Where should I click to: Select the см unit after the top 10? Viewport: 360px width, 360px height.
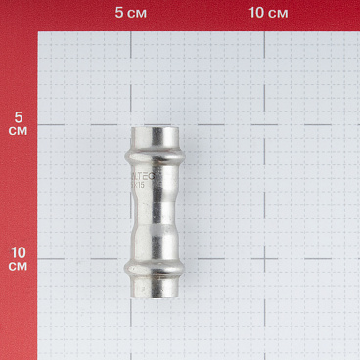coord(278,13)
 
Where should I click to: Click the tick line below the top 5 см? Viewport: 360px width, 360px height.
coord(132,30)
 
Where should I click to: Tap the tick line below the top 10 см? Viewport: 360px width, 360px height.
coord(266,30)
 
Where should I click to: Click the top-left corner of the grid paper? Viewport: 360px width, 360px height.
coord(40,32)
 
